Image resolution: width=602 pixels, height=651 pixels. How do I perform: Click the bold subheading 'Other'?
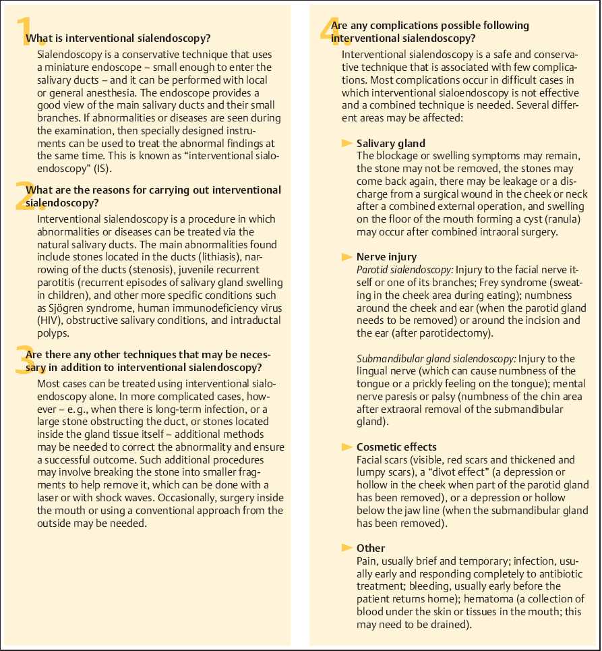pos(370,548)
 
